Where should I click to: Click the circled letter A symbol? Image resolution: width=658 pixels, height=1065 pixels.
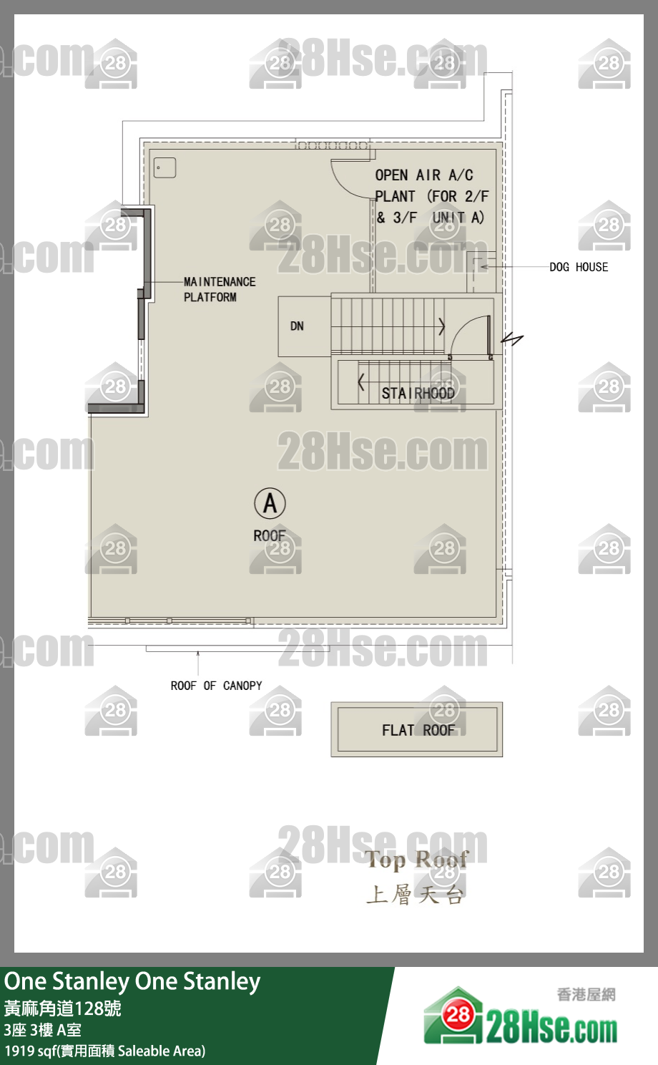pyautogui.click(x=270, y=503)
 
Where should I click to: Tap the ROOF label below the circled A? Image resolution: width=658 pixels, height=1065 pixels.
pyautogui.click(x=270, y=536)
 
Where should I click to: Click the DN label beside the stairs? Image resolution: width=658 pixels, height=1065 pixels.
pyautogui.click(x=297, y=326)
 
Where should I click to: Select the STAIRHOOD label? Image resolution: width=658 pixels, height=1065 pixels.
pyautogui.click(x=418, y=393)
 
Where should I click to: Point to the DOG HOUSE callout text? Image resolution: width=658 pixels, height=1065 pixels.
pyautogui.click(x=579, y=267)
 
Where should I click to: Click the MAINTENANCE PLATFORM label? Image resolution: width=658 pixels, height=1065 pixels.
pyautogui.click(x=220, y=289)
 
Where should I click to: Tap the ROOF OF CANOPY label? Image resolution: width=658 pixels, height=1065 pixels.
pyautogui.click(x=216, y=686)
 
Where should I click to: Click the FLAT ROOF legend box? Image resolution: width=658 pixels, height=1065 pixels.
pyautogui.click(x=417, y=729)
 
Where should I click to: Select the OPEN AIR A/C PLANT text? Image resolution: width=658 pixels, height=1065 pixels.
pyautogui.click(x=431, y=196)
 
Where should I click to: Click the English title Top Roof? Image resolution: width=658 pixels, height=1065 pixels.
pyautogui.click(x=417, y=860)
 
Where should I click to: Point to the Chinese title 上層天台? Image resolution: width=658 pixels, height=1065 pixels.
pyautogui.click(x=415, y=895)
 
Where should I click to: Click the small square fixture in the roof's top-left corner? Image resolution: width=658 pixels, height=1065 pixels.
pyautogui.click(x=164, y=167)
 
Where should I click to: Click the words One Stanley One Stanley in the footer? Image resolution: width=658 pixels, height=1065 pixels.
pyautogui.click(x=132, y=981)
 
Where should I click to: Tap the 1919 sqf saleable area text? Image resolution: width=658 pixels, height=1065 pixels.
pyautogui.click(x=105, y=1051)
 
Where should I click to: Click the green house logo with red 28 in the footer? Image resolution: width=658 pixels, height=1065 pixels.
pyautogui.click(x=453, y=1016)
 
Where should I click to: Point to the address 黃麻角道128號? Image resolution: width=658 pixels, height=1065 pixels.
pyautogui.click(x=63, y=1008)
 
